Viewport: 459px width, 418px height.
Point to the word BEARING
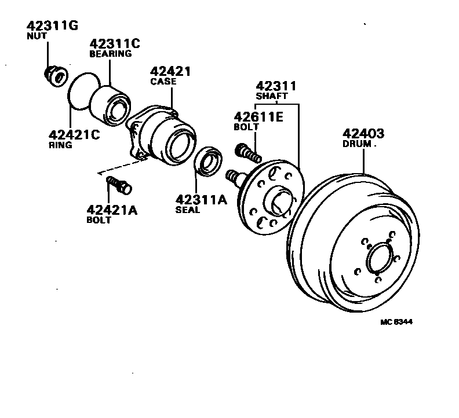[110, 54]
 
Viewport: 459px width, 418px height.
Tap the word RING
[60, 145]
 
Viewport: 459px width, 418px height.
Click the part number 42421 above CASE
[170, 71]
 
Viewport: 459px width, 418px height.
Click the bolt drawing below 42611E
[247, 153]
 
